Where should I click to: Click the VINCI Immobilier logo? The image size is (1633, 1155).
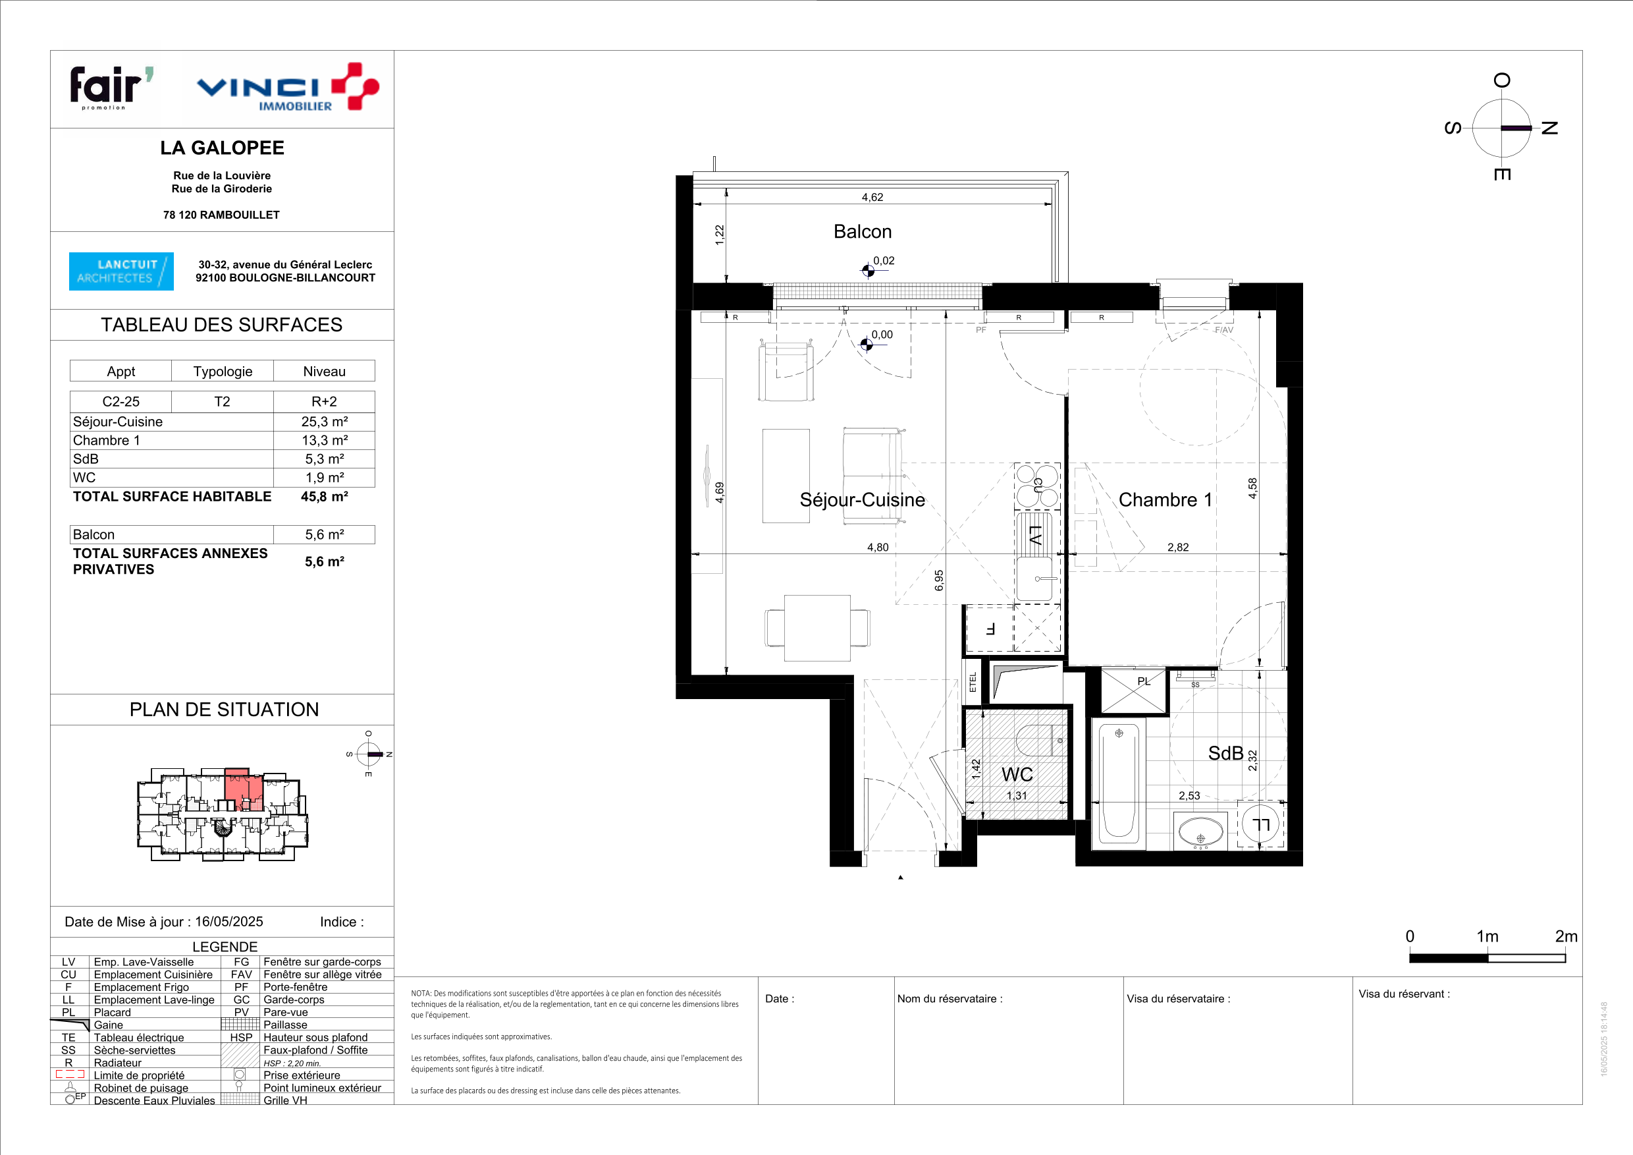click(287, 88)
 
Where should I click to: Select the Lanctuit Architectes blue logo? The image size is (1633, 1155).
click(121, 271)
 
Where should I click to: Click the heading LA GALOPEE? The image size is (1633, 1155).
click(222, 148)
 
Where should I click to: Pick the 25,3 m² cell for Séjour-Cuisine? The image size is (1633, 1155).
click(325, 422)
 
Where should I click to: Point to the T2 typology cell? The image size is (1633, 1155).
click(222, 401)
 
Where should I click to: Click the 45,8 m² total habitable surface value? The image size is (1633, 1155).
click(325, 497)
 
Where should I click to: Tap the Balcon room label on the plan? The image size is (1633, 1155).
click(862, 232)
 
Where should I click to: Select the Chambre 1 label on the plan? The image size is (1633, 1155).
click(1165, 499)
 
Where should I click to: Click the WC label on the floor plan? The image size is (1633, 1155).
click(1017, 774)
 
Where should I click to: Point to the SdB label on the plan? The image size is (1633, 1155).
click(1225, 753)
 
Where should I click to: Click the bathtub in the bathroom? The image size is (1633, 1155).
click(1119, 783)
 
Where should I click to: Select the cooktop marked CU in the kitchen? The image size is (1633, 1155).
click(1038, 486)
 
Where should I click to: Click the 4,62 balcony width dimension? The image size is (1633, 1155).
click(872, 197)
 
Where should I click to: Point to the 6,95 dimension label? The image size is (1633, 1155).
click(939, 580)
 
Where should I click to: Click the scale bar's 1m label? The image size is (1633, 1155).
click(1487, 936)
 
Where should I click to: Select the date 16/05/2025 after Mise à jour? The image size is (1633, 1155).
click(229, 922)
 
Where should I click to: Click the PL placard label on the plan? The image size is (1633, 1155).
click(1144, 681)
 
